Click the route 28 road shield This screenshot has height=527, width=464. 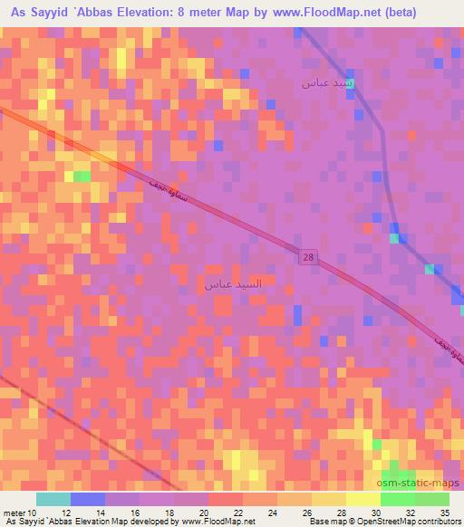(x=308, y=257)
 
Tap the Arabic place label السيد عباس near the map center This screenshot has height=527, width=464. (x=231, y=283)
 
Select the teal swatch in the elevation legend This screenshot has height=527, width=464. (x=53, y=499)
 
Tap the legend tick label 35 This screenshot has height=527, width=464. (x=444, y=513)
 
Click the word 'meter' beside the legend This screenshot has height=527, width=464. (x=14, y=513)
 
